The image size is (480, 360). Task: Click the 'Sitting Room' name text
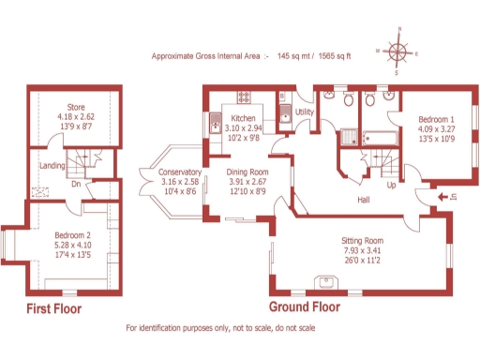point(362,241)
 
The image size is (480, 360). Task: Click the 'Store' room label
point(75,107)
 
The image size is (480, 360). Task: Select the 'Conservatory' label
point(179,172)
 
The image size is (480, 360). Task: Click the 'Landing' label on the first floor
point(52,167)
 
